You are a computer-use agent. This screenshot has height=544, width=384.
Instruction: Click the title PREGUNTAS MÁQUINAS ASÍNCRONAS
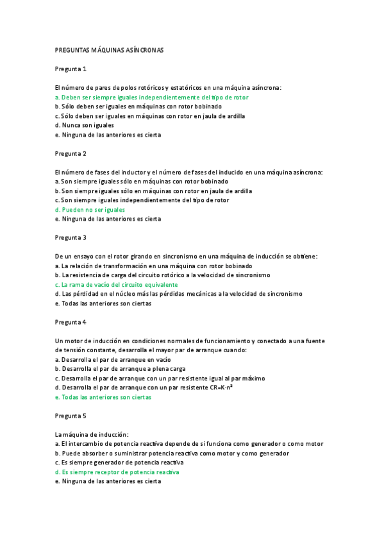[x=110, y=49]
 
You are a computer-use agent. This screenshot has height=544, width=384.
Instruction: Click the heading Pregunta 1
[x=71, y=69]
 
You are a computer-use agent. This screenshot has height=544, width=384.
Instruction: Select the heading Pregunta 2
[x=71, y=153]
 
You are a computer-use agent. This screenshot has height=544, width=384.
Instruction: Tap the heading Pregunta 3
[x=71, y=237]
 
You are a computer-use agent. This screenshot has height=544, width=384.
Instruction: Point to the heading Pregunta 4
[x=71, y=321]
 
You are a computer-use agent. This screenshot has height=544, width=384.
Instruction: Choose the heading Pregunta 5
[x=71, y=415]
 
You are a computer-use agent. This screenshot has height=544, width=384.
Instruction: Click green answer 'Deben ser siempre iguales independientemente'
[x=152, y=97]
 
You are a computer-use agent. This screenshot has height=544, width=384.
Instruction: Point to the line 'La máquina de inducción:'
[x=92, y=434]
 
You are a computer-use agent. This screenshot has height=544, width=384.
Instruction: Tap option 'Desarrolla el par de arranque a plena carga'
[x=121, y=369]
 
